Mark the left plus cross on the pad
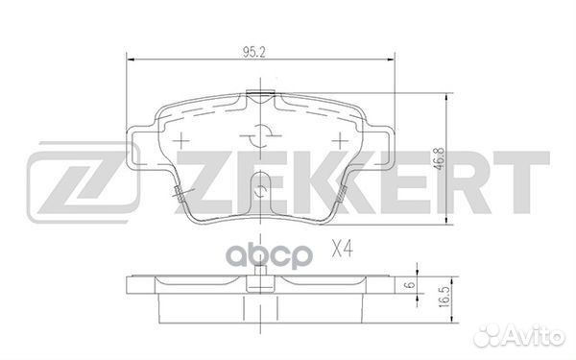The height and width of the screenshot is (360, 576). tap(178, 138)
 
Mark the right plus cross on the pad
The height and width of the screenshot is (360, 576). tap(337, 138)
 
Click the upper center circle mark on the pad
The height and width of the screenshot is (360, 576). tap(257, 133)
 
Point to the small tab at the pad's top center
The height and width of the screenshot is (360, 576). tap(257, 95)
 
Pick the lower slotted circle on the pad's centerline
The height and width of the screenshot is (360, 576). tap(257, 189)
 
